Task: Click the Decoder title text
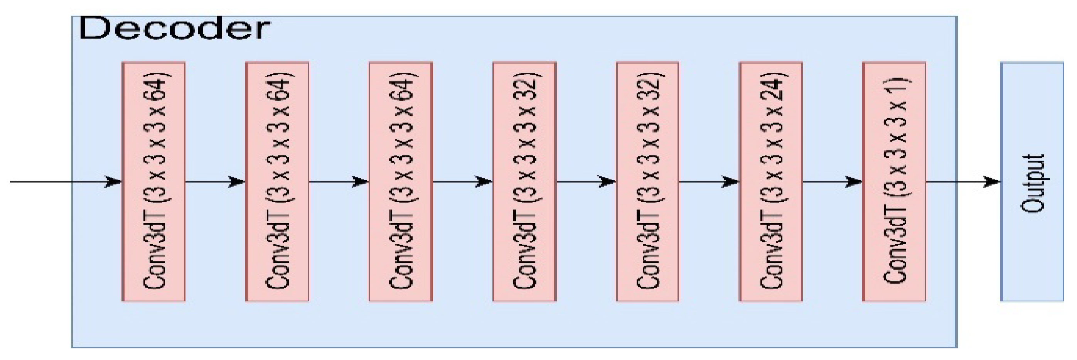coord(175,29)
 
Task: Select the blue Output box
coord(1032,182)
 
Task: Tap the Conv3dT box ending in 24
coord(770,182)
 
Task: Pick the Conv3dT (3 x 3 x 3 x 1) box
coord(894,182)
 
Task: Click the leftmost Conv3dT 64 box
coord(153,182)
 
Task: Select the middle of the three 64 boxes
coord(277,182)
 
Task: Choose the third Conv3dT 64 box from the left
coord(401,182)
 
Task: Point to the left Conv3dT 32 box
coord(524,182)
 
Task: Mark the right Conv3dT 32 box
coord(647,182)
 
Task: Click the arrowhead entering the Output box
coord(992,182)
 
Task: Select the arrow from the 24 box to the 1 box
coord(832,182)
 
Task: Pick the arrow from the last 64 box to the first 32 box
coord(462,182)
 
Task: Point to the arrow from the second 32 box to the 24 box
coord(709,182)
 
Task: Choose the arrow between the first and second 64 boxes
coord(215,182)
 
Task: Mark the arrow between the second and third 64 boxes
coord(339,182)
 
